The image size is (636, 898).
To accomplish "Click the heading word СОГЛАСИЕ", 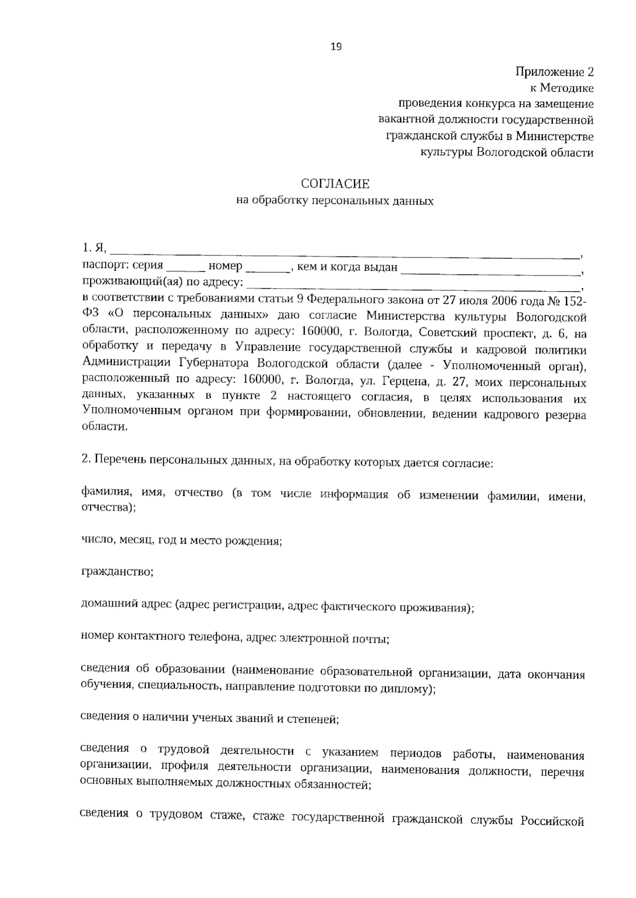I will click(335, 184).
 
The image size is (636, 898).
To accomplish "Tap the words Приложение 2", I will click(555, 72).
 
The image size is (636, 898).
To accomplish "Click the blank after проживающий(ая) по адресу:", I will click(413, 286).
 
